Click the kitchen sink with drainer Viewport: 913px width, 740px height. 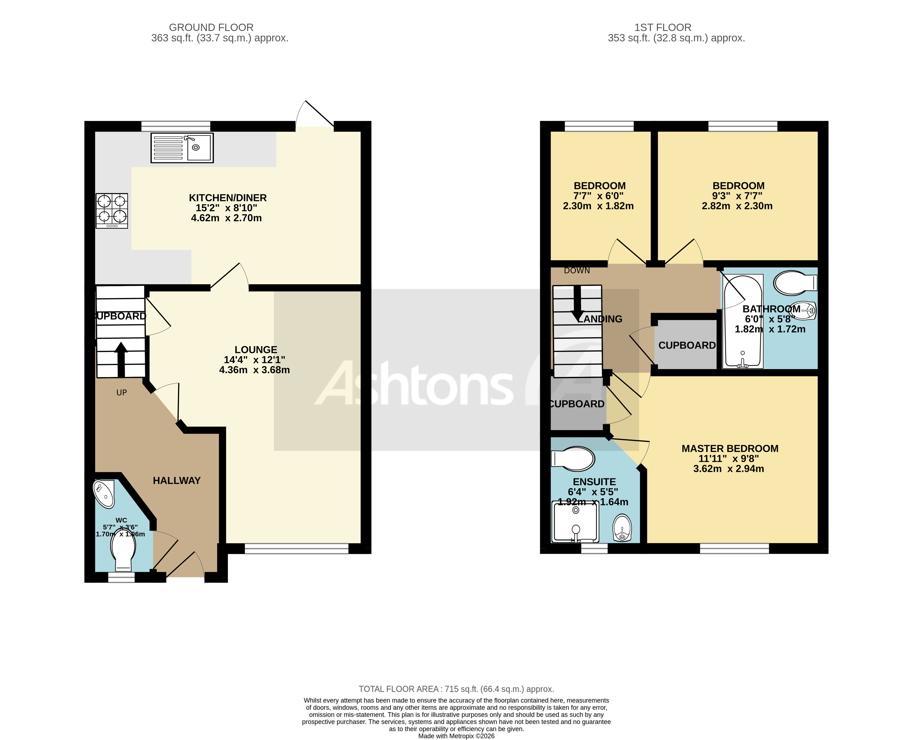point(182,148)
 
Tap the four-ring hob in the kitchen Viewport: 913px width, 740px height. point(112,211)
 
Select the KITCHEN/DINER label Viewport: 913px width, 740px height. point(228,198)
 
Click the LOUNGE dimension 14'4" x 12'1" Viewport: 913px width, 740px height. point(254,360)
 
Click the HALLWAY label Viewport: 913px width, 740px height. point(177,480)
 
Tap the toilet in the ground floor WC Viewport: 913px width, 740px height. point(123,551)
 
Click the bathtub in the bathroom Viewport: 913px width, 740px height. point(742,322)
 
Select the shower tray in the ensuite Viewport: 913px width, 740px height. point(575,522)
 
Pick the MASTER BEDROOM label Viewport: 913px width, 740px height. point(730,448)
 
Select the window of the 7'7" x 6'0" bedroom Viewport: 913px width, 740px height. point(599,126)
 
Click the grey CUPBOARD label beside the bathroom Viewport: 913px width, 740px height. point(687,345)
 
